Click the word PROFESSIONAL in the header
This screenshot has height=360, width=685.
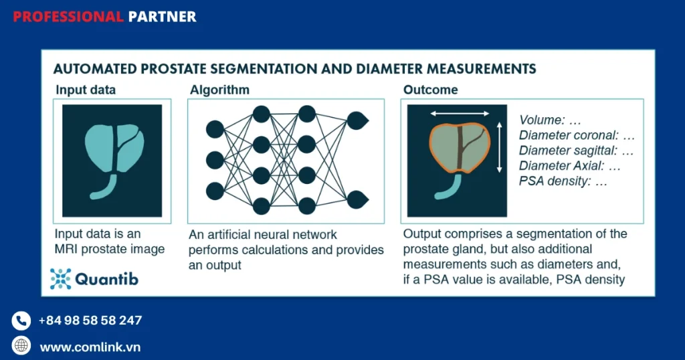click(x=68, y=17)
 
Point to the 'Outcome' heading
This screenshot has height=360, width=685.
click(x=431, y=90)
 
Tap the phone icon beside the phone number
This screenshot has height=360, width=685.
click(x=21, y=321)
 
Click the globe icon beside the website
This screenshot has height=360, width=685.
click(x=21, y=346)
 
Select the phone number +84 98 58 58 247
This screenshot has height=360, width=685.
click(x=90, y=321)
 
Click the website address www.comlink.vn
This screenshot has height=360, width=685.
click(x=90, y=347)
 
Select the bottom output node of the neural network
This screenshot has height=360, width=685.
click(x=357, y=199)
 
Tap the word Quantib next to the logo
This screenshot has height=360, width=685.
click(x=106, y=279)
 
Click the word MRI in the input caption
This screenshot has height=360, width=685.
click(x=67, y=250)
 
